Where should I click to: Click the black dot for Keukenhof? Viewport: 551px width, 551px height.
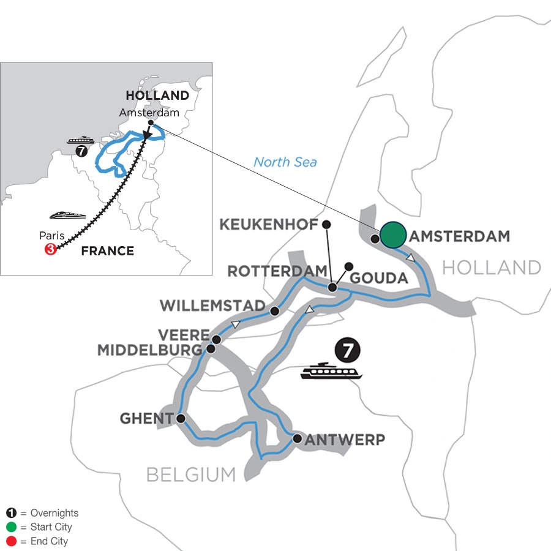[326, 224]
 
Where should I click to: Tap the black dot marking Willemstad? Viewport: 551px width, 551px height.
[275, 311]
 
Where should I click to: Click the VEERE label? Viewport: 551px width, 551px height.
[184, 336]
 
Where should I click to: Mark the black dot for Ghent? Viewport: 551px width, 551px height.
[181, 419]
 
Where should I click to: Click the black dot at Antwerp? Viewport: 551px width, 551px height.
[297, 438]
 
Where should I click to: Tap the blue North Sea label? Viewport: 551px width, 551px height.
[286, 162]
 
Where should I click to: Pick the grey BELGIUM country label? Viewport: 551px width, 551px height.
[190, 474]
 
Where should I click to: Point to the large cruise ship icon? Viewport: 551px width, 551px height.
[331, 372]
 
